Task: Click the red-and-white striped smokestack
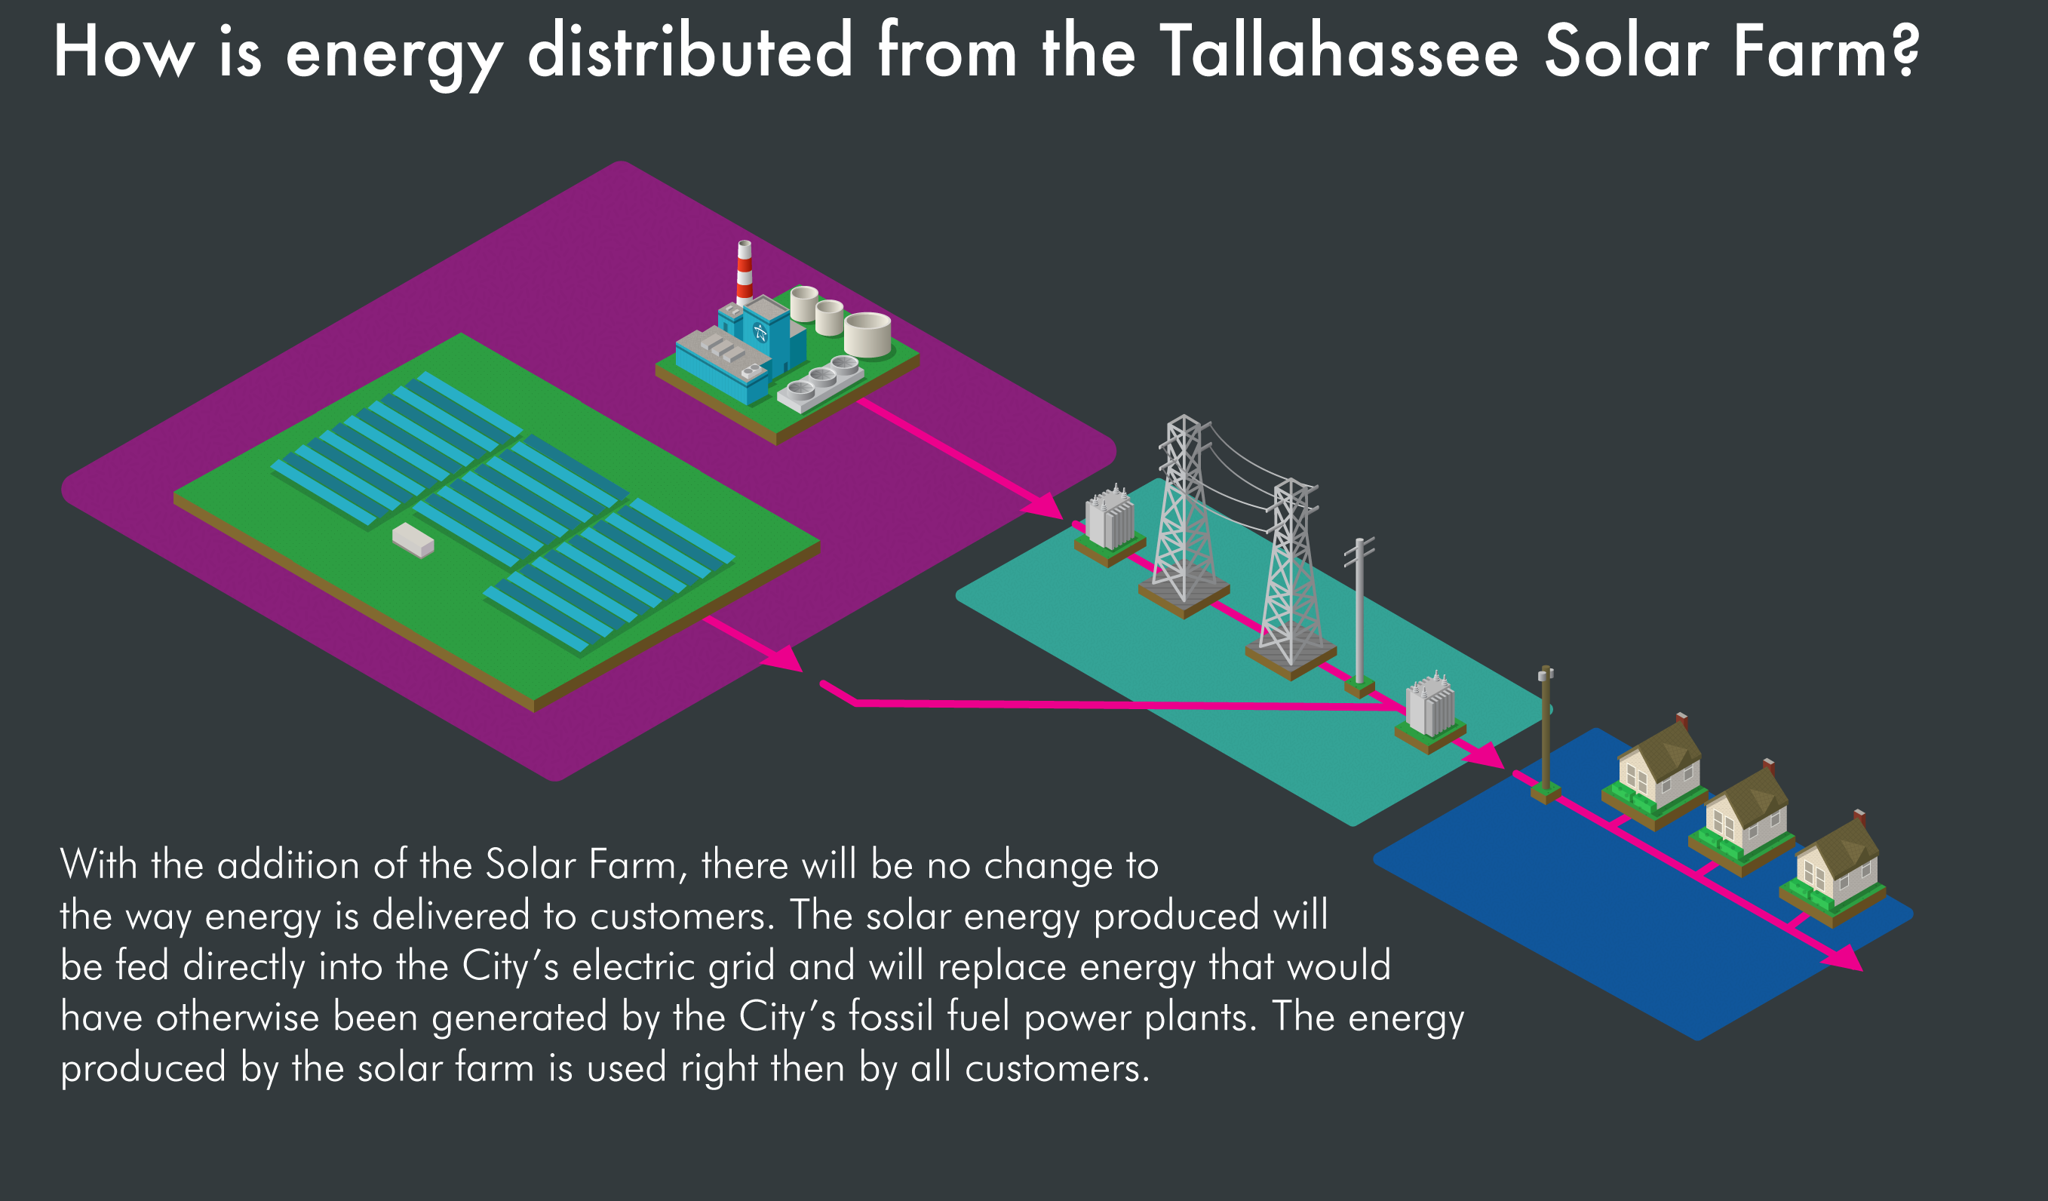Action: coord(744,273)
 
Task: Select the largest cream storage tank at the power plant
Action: coord(867,334)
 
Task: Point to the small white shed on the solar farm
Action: coord(413,539)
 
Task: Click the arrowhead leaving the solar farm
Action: coord(784,659)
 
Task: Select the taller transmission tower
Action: coord(1184,512)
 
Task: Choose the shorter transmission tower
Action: coord(1290,573)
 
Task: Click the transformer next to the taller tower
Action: coord(1110,520)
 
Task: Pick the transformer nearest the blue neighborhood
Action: coord(1429,707)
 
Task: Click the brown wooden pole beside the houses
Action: coord(1545,731)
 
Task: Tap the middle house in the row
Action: coord(1745,815)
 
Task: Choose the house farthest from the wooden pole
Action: coord(1837,865)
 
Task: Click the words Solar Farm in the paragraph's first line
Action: coord(580,865)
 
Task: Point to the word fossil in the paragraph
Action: coord(891,1016)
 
